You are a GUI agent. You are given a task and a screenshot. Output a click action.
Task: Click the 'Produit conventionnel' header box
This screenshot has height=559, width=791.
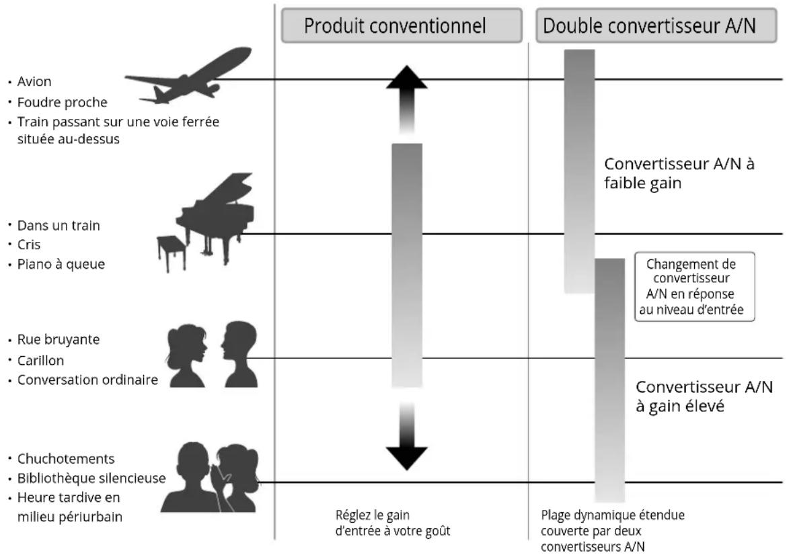[402, 26]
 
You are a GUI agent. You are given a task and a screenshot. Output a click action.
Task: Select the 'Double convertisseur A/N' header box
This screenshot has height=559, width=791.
[656, 26]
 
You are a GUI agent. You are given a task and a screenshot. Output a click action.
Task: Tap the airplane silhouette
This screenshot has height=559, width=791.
[188, 77]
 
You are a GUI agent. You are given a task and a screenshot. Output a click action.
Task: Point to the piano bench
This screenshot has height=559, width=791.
[171, 253]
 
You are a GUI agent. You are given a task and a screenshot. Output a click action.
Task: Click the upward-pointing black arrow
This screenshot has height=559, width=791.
[406, 99]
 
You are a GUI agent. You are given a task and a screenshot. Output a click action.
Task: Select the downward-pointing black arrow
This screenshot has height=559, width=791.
[406, 437]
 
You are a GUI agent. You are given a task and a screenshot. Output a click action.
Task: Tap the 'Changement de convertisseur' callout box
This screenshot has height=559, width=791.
[694, 286]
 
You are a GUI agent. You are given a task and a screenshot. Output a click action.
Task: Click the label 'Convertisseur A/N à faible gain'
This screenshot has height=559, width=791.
[679, 173]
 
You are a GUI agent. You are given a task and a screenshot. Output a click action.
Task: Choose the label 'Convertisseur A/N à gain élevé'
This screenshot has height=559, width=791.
[704, 396]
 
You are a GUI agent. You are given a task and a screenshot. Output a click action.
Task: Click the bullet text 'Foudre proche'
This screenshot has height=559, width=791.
[62, 102]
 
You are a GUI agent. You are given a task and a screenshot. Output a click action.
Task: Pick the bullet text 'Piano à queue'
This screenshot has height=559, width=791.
[61, 264]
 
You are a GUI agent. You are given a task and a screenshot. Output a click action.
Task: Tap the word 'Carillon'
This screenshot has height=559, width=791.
[40, 360]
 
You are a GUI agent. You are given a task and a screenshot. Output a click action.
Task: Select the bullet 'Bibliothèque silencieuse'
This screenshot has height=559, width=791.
[91, 478]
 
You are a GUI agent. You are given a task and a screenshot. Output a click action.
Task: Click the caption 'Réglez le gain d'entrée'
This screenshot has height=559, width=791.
[393, 523]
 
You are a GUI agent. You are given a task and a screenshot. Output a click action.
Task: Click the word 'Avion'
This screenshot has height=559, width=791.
[34, 82]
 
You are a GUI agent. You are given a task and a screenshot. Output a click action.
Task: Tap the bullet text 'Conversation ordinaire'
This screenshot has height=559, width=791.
[87, 380]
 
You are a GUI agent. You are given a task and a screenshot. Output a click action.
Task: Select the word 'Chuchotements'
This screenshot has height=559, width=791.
[66, 459]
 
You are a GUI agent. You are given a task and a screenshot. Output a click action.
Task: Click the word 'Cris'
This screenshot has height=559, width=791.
[29, 245]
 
